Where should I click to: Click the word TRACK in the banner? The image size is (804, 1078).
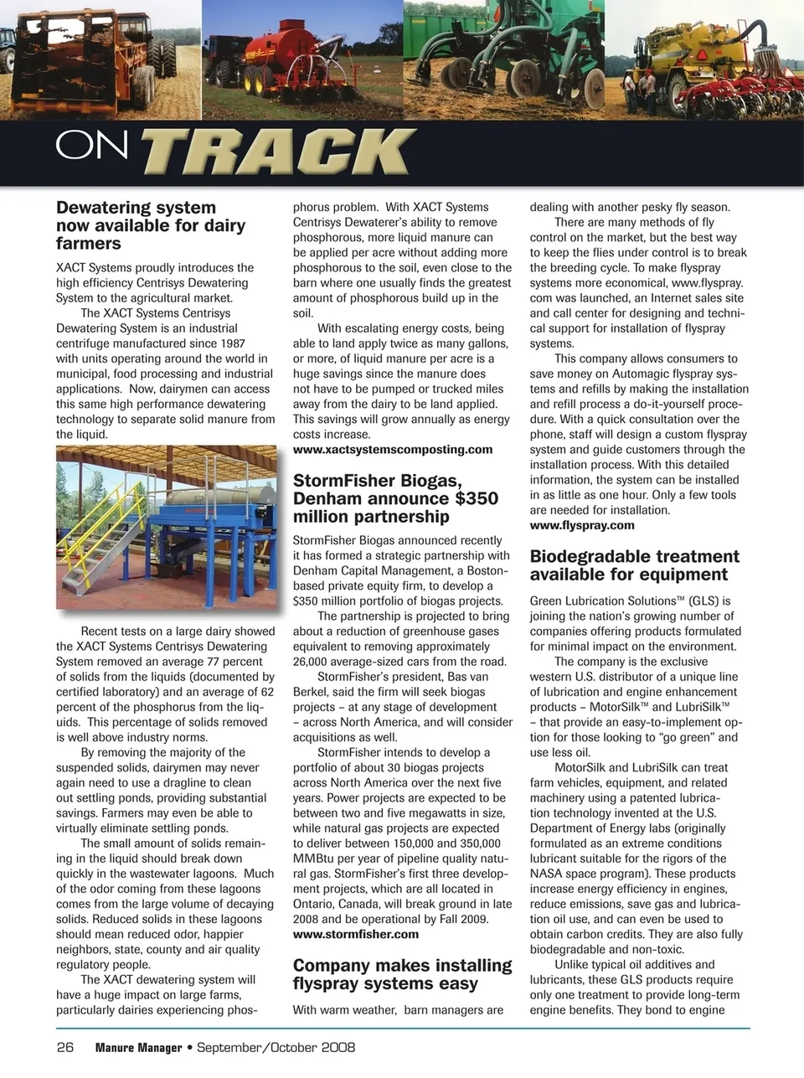pyautogui.click(x=277, y=152)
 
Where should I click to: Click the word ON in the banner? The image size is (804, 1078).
pyautogui.click(x=92, y=146)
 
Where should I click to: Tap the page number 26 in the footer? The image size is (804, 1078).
pyautogui.click(x=65, y=1047)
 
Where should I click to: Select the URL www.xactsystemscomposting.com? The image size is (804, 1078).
pyautogui.click(x=393, y=450)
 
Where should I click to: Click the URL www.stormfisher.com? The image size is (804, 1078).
pyautogui.click(x=356, y=934)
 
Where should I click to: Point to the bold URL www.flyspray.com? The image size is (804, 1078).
pyautogui.click(x=582, y=525)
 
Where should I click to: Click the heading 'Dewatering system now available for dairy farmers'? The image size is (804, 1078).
pyautogui.click(x=151, y=225)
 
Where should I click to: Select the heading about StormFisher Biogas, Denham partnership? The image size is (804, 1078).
pyautogui.click(x=395, y=498)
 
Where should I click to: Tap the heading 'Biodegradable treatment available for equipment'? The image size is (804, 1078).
pyautogui.click(x=634, y=565)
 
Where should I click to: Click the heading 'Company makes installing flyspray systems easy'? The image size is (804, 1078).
pyautogui.click(x=402, y=974)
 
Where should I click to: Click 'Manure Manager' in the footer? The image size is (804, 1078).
pyautogui.click(x=138, y=1048)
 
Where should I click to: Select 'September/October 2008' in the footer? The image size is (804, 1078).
pyautogui.click(x=276, y=1047)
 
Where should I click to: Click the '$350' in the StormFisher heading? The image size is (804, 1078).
pyautogui.click(x=477, y=498)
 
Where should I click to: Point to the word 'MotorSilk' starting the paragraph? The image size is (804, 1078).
pyautogui.click(x=582, y=767)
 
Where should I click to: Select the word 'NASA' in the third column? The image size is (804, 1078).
pyautogui.click(x=547, y=874)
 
